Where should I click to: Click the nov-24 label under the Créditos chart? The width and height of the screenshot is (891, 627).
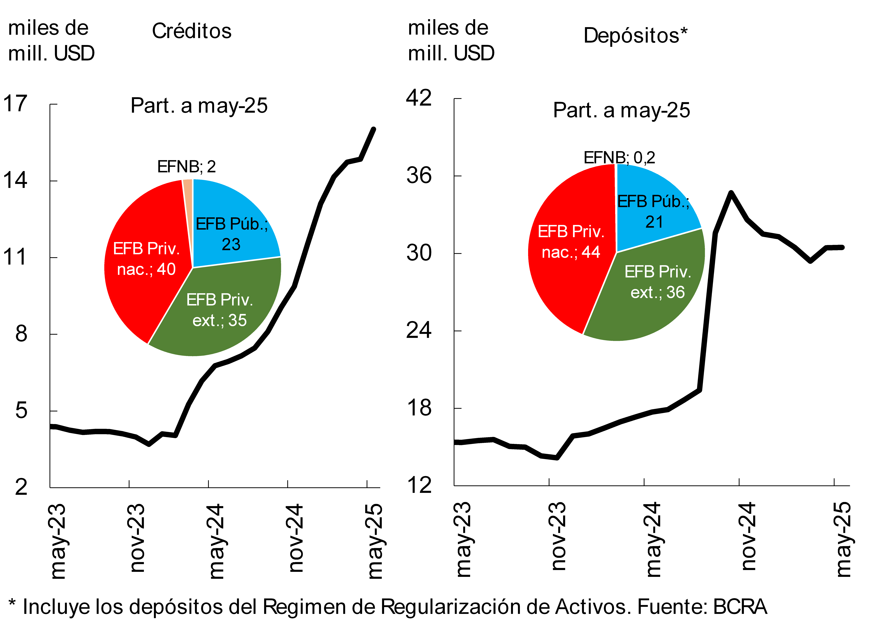296,538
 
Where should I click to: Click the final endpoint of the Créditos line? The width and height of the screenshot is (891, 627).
374,129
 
